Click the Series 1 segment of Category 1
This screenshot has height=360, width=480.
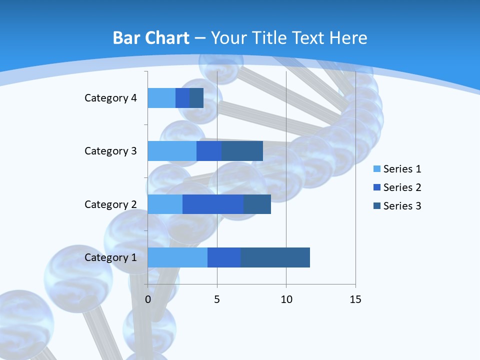[x=177, y=257]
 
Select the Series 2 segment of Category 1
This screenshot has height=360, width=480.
[x=224, y=257]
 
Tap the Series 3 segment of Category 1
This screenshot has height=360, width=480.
[x=275, y=257]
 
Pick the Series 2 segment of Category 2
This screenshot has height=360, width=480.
[x=213, y=204]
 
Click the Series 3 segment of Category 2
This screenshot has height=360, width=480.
[x=257, y=204]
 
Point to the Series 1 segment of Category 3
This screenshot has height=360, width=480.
[x=172, y=151]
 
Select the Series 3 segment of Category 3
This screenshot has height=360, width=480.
[x=242, y=151]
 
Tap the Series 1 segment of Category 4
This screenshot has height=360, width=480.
[x=161, y=98]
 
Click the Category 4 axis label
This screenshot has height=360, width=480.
[x=110, y=98]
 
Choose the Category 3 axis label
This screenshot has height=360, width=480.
[x=110, y=151]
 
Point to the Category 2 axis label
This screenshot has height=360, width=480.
[x=110, y=204]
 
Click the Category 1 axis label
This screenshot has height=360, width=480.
[x=110, y=257]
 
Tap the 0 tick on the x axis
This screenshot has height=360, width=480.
[x=148, y=299]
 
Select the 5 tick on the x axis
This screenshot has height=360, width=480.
[x=217, y=299]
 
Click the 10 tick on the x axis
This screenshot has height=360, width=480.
[x=286, y=299]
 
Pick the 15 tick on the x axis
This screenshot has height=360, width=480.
[x=355, y=299]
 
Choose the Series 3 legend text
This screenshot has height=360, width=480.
[x=402, y=206]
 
